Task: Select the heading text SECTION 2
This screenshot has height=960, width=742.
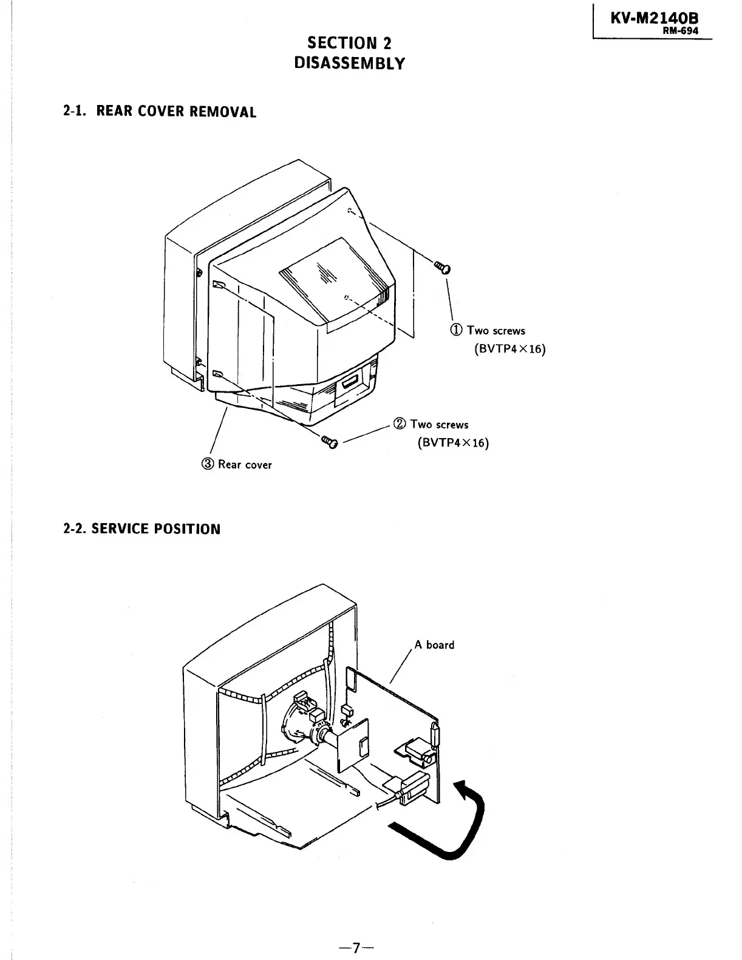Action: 349,43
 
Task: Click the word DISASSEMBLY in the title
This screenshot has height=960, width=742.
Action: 349,63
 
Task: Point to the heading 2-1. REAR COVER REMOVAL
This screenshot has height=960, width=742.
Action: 160,112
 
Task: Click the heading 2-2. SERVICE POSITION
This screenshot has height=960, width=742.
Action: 142,529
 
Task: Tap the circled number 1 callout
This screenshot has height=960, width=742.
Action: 456,330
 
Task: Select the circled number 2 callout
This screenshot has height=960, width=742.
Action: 400,424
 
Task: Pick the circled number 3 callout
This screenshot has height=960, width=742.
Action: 208,464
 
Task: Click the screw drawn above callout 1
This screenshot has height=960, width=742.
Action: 443,266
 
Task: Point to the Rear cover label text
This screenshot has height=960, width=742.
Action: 245,465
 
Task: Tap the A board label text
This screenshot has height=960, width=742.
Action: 434,645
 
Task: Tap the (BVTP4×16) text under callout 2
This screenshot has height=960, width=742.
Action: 453,442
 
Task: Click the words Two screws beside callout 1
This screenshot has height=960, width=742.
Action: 495,331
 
